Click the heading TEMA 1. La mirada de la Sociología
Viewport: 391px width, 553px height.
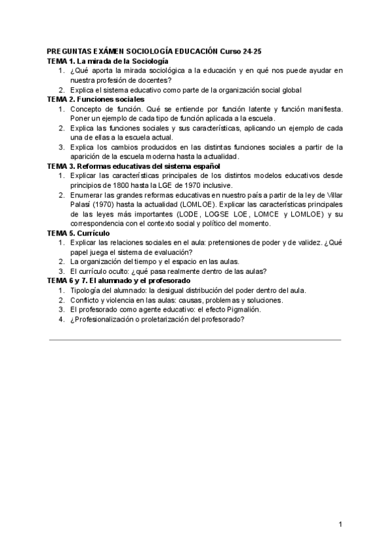pos(103,61)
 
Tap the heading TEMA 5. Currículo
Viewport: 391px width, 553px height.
pos(79,233)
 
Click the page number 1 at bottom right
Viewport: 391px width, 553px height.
pos(340,525)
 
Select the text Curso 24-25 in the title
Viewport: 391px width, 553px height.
pos(242,51)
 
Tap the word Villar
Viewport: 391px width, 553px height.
pos(332,195)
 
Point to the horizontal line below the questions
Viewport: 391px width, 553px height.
pos(195,339)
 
